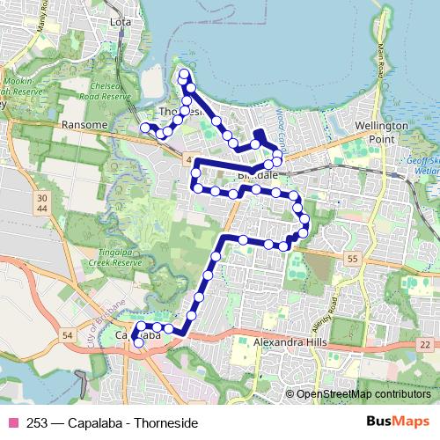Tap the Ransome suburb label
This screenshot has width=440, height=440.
84,126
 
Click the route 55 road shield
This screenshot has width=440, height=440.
352,258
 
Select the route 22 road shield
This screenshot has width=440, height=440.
426,345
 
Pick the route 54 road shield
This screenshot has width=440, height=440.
69,335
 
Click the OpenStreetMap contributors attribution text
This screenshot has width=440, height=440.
363,393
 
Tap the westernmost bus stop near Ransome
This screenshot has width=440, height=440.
145,128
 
